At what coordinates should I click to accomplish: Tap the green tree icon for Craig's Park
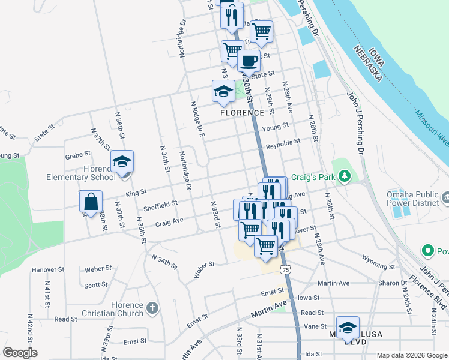pyautogui.click(x=345, y=176)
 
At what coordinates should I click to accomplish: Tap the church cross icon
pyautogui.click(x=152, y=308)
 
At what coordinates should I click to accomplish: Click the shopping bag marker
pyautogui.click(x=91, y=203)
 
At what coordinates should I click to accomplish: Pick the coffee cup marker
pyautogui.click(x=249, y=60)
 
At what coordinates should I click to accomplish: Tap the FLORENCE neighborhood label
pyautogui.click(x=242, y=113)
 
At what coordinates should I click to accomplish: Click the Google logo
pyautogui.click(x=20, y=353)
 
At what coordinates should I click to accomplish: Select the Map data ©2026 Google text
pyautogui.click(x=412, y=355)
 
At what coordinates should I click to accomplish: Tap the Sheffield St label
pyautogui.click(x=160, y=206)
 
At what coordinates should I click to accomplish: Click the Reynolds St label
pyautogui.click(x=283, y=143)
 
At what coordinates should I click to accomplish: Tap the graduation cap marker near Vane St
pyautogui.click(x=348, y=328)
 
